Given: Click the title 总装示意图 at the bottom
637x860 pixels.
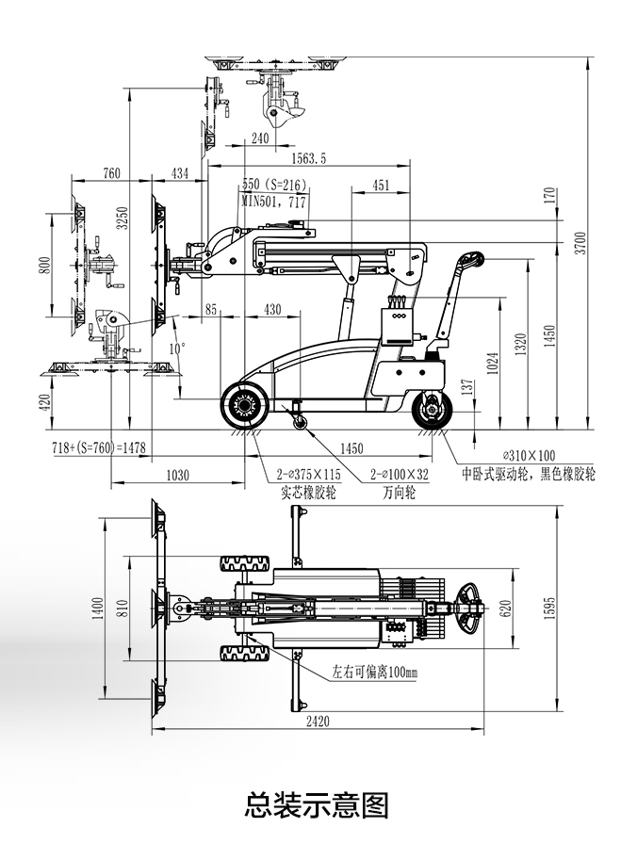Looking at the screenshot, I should pyautogui.click(x=317, y=805).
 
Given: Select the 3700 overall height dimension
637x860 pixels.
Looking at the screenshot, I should pyautogui.click(x=580, y=242).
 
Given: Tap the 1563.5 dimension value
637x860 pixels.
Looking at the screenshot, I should pyautogui.click(x=309, y=157).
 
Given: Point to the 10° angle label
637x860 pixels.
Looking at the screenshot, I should pyautogui.click(x=177, y=348).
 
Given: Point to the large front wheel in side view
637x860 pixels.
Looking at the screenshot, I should pyautogui.click(x=246, y=406).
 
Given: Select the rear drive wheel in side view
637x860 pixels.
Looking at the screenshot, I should pyautogui.click(x=433, y=411).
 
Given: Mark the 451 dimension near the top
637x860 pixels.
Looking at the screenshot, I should pyautogui.click(x=381, y=186).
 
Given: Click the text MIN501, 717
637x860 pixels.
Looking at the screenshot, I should pyautogui.click(x=273, y=201).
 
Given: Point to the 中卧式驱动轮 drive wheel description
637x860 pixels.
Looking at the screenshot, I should pyautogui.click(x=528, y=474).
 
